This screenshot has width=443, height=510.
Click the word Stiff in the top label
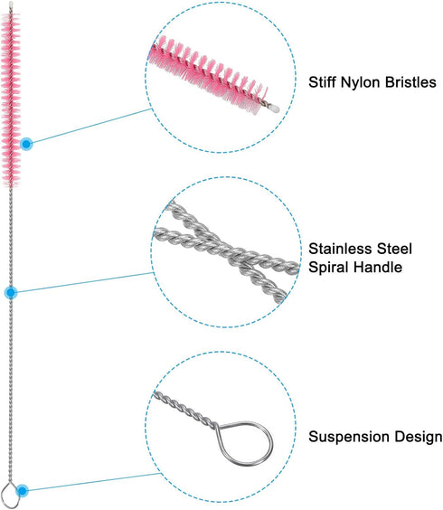[x=322, y=82]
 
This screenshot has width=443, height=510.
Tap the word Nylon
[x=360, y=83]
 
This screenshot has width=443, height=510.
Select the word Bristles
[x=410, y=82]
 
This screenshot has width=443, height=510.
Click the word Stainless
[x=340, y=249]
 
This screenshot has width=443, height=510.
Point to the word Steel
[x=394, y=249]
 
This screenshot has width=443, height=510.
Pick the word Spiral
[x=328, y=268]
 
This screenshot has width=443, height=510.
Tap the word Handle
[x=378, y=267]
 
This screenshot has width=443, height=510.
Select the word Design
[x=419, y=437]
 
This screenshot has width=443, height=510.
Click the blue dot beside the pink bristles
[x=26, y=144]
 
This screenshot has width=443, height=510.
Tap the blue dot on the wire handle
[x=11, y=293]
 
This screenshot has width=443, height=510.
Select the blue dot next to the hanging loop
[x=22, y=490]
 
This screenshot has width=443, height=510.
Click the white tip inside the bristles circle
[x=274, y=108]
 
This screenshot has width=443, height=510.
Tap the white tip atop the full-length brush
[x=11, y=5]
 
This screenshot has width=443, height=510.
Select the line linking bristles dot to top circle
[x=92, y=126]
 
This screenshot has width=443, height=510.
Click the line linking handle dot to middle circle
[x=85, y=282]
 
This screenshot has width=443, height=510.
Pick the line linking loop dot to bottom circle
[x=95, y=482]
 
